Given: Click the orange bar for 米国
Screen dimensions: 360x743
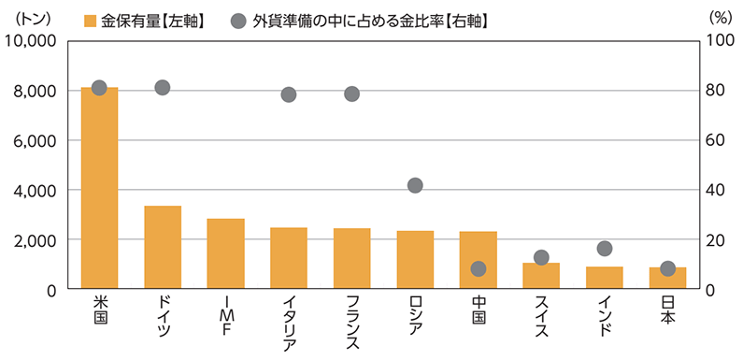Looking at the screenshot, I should [x=99, y=187].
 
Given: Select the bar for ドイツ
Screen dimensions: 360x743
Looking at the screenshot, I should [x=163, y=247].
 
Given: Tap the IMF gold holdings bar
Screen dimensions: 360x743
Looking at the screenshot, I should [x=226, y=253].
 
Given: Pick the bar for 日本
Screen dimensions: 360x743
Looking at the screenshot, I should [x=667, y=279].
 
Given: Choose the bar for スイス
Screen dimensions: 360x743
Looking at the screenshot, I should [x=541, y=277].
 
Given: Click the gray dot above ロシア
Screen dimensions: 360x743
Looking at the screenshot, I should [x=415, y=185].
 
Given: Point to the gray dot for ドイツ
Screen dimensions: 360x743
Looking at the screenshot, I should [x=162, y=88].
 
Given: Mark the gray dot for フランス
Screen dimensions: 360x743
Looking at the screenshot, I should [x=351, y=94].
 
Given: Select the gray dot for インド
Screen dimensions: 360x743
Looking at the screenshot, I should [x=605, y=249].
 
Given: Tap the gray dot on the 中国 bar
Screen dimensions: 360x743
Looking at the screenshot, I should [x=479, y=268].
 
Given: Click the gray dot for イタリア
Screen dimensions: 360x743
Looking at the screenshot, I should [x=289, y=94].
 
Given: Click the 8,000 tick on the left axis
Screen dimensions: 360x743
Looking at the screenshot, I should [x=36, y=91].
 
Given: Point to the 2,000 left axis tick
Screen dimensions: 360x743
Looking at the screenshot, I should [x=36, y=240].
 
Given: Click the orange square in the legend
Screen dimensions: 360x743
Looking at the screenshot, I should [x=90, y=20].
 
